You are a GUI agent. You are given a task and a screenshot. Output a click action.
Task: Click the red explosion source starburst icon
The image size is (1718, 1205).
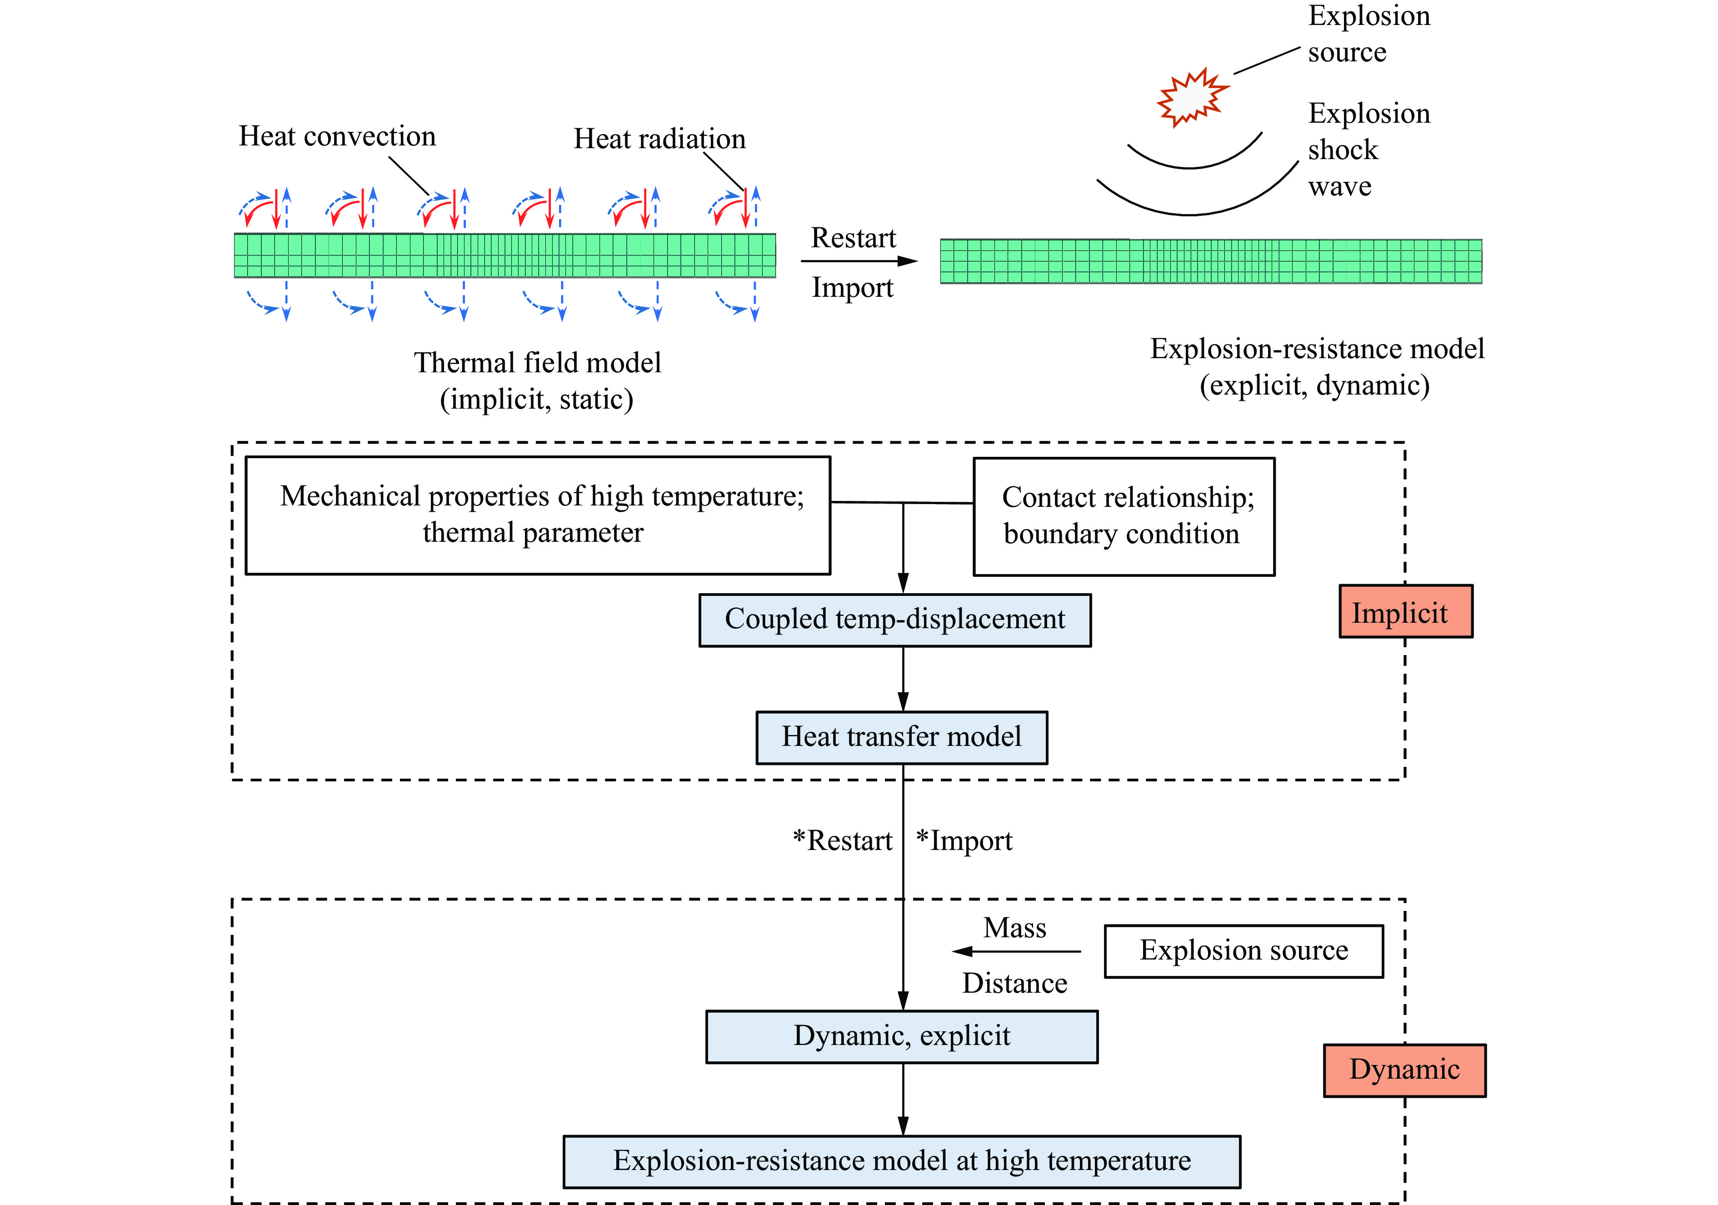tap(1192, 97)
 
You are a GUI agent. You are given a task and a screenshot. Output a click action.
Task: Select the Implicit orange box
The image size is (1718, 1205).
tap(1405, 611)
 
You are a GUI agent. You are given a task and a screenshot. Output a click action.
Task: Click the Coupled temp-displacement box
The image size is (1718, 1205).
tap(895, 620)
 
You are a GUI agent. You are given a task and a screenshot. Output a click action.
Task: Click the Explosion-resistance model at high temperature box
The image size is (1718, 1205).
tap(902, 1161)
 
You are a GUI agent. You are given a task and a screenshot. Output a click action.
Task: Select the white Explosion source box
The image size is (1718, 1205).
tap(1244, 950)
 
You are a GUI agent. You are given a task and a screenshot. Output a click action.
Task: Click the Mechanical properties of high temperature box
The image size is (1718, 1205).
tap(537, 515)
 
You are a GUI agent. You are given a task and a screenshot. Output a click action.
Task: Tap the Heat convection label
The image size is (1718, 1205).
tap(337, 136)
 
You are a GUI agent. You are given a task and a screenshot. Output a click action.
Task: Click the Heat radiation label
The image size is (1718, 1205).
tap(659, 139)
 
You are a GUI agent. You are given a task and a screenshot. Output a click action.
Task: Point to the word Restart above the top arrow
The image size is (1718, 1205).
tap(853, 238)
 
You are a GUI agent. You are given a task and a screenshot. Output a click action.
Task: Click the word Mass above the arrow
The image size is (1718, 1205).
tap(1014, 928)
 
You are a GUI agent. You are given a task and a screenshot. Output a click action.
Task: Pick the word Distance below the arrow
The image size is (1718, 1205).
tap(1014, 983)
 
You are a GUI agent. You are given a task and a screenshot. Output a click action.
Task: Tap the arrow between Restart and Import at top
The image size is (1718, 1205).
tap(859, 261)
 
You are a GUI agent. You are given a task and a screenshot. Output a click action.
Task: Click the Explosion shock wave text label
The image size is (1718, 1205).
tap(1368, 150)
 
